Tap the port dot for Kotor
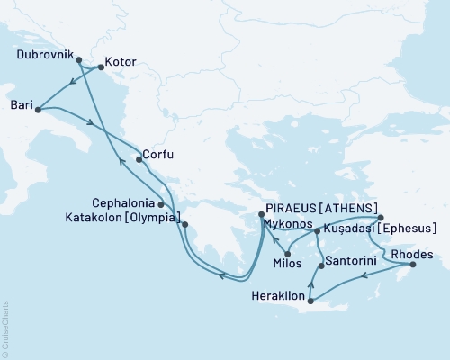[100, 65]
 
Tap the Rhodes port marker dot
[413, 265]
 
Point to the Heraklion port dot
[310, 301]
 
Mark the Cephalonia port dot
[161, 204]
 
